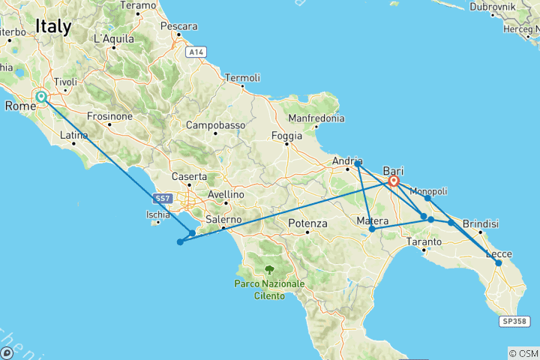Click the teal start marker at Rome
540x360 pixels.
[40, 97]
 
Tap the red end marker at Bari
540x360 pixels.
[394, 181]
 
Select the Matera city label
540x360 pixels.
[372, 220]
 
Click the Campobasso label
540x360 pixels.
[216, 124]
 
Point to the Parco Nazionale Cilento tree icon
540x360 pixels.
[268, 269]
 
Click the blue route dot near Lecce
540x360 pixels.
[498, 262]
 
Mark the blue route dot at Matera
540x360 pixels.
[372, 229]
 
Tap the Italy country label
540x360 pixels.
[53, 28]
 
